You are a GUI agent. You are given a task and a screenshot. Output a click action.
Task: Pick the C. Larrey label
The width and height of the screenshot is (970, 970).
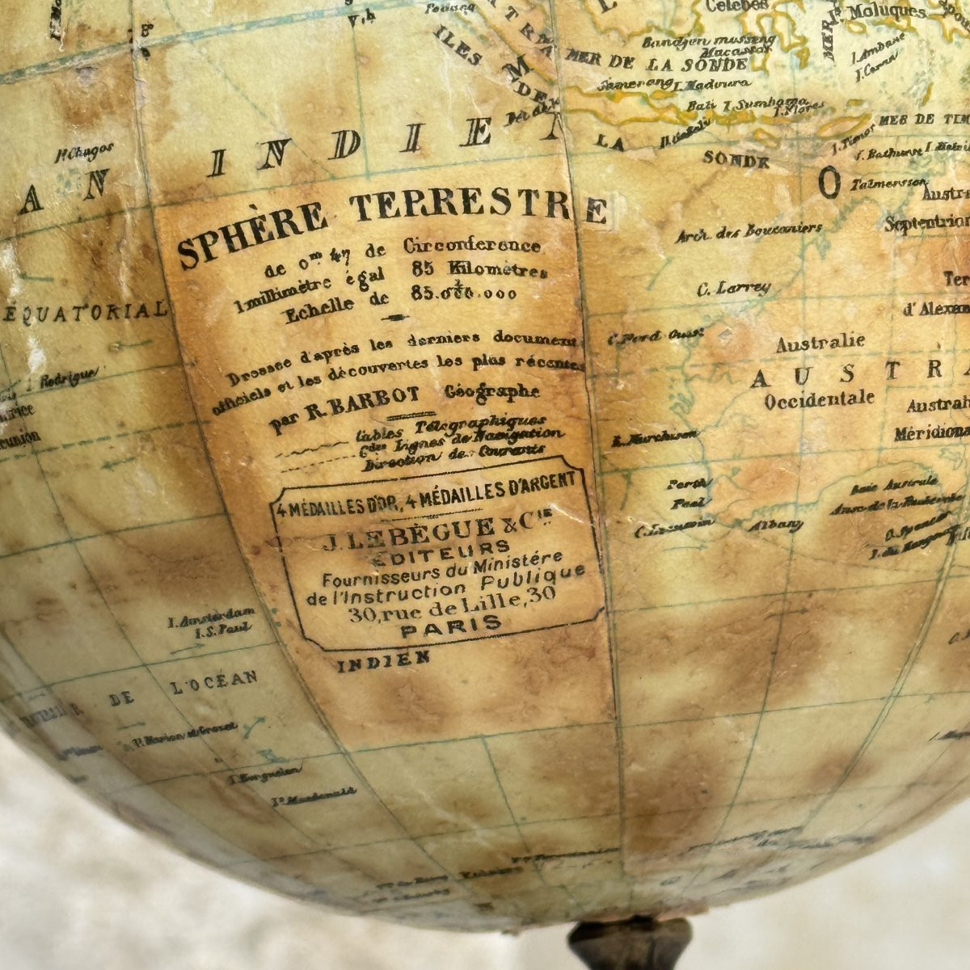(x=733, y=288)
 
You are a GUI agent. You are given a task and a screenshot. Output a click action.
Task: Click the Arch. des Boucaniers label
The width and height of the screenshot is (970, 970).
(x=748, y=230)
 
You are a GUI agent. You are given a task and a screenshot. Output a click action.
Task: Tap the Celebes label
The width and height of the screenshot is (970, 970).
(x=736, y=6)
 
